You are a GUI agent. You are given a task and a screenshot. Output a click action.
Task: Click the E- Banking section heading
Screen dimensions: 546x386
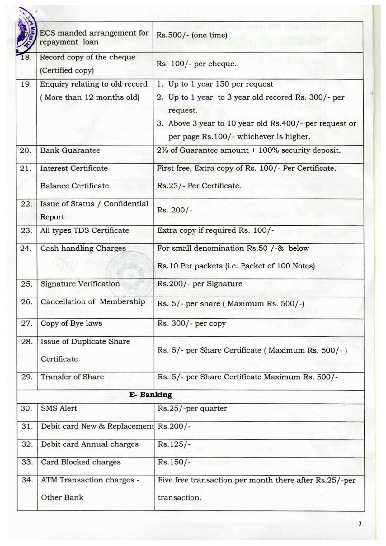(151, 395)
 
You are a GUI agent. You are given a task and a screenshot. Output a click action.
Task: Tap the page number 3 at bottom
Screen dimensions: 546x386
(360, 524)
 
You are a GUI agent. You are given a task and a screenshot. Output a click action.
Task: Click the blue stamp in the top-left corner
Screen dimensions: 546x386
(26, 31)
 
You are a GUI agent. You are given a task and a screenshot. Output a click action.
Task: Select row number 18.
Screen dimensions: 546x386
(26, 57)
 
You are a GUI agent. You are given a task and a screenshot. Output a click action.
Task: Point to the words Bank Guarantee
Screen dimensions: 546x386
(70, 150)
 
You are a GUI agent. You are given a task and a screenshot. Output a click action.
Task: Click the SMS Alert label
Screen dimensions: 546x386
(59, 408)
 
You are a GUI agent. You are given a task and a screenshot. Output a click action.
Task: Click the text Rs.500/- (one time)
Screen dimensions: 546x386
(191, 35)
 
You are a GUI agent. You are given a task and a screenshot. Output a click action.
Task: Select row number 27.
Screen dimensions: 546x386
(27, 324)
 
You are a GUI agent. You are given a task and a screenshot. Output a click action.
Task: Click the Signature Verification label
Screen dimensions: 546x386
(80, 284)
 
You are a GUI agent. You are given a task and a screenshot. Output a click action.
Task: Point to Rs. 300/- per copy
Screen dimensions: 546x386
(191, 324)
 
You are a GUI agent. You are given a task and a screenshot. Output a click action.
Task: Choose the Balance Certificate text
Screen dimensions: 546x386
(74, 186)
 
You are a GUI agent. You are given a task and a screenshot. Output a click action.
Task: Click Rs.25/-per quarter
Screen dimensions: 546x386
(192, 408)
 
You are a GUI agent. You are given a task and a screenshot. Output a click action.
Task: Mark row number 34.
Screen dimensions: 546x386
(27, 480)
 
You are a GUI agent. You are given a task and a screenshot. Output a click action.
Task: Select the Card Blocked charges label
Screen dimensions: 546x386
(81, 462)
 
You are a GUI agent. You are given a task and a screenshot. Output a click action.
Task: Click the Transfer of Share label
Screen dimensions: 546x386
(72, 377)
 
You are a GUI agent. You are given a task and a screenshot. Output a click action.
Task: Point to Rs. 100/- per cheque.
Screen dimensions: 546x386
(196, 64)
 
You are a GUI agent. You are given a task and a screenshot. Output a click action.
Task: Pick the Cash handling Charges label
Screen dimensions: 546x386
(83, 249)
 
